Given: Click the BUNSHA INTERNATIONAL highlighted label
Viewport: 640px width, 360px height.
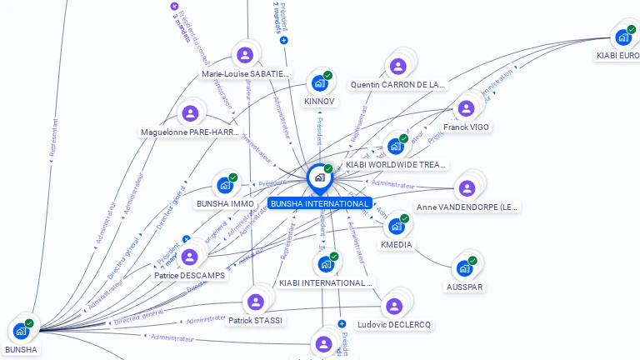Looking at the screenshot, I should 320,203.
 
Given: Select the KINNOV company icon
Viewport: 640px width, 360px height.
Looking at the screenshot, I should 318,82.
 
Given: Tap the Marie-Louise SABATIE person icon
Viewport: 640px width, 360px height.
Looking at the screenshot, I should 245,55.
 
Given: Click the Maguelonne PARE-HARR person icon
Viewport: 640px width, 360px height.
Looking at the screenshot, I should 191,112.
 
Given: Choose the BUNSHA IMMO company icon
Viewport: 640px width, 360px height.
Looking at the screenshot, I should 224,185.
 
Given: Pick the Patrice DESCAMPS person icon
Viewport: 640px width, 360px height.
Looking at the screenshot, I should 190,257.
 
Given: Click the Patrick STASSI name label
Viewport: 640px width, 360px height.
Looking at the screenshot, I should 255,320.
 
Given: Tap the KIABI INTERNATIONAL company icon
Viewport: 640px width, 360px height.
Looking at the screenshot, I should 326,264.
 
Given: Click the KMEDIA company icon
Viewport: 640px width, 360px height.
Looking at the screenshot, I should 396,226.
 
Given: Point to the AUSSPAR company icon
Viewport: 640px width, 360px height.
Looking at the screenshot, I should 464,268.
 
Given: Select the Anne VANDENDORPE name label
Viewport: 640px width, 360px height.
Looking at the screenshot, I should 467,207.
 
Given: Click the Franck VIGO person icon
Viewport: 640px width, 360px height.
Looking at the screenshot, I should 466,108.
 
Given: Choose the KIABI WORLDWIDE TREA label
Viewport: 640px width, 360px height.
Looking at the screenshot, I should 397,165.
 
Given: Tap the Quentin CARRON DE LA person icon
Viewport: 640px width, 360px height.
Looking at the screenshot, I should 397,66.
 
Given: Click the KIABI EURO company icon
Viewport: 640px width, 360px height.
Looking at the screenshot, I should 622,37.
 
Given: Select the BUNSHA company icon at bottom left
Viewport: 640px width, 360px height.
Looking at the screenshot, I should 21,331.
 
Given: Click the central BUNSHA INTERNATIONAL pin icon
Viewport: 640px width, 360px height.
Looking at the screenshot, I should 318,177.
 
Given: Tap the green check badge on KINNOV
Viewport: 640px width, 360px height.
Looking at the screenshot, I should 328,75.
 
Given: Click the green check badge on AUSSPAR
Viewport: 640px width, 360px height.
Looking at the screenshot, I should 472,261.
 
